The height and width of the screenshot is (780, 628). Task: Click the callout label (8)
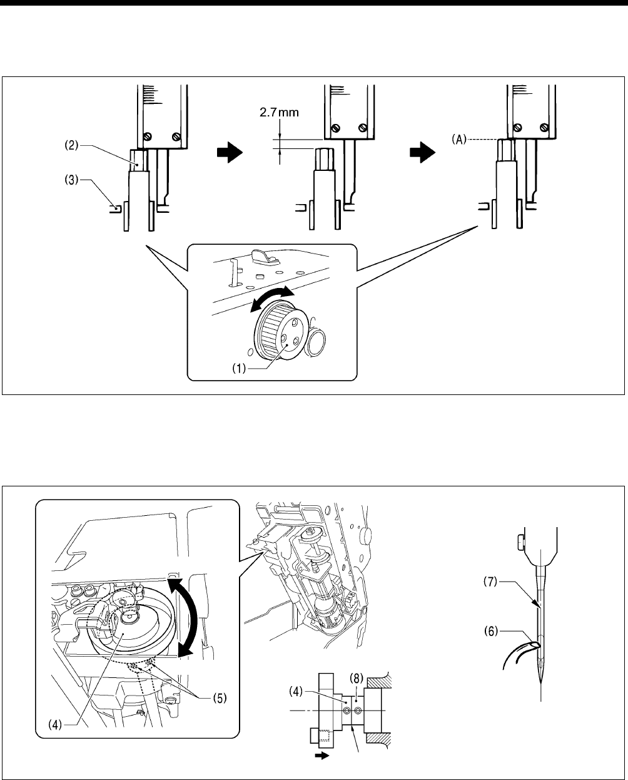tap(354, 678)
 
